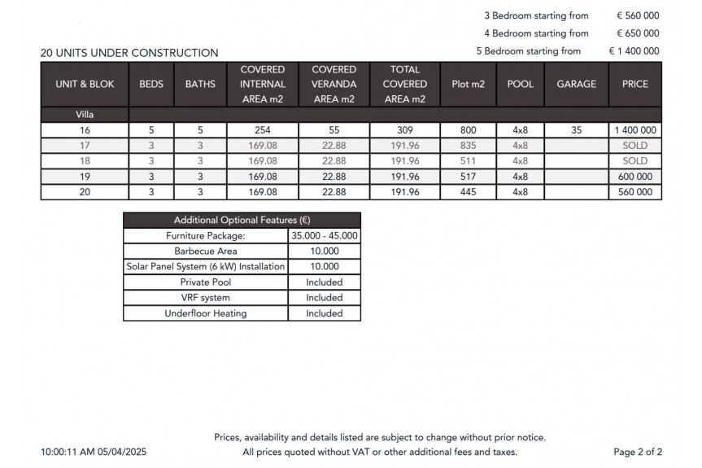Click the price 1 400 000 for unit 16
(635, 130)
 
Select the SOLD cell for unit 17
(635, 146)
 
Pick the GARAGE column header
(576, 85)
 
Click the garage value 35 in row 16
(576, 130)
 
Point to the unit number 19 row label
(85, 177)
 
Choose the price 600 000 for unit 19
(635, 177)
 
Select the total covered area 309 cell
(404, 130)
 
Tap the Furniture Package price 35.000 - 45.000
(324, 236)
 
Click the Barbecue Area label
(206, 251)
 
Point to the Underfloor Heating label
(206, 313)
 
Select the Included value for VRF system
(324, 298)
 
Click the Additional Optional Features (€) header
(242, 221)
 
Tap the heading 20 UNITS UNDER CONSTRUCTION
(129, 53)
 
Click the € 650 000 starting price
(637, 33)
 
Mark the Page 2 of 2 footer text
(638, 452)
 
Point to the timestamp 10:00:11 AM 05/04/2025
(94, 452)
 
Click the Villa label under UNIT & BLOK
(85, 115)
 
